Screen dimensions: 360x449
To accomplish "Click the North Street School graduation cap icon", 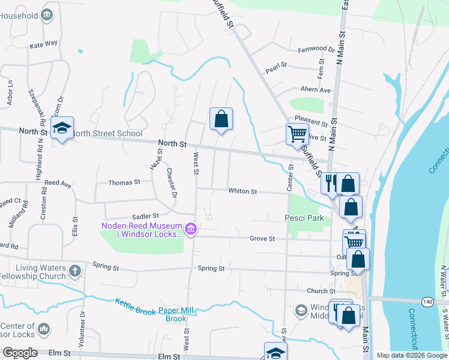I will click(62, 128).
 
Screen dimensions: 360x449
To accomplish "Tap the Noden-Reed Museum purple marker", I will click(191, 229).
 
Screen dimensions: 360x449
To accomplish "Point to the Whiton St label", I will click(243, 191).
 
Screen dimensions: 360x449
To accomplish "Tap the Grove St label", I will click(262, 238).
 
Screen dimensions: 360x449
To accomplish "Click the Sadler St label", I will click(146, 215).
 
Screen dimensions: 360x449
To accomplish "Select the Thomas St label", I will click(124, 182).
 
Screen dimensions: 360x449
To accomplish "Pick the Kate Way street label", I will click(43, 44).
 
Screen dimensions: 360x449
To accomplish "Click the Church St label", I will click(316, 291).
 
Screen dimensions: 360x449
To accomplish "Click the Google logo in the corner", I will click(20, 353).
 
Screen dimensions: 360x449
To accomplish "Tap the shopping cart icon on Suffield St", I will click(297, 134).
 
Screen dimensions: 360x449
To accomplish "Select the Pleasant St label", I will click(310, 124).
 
